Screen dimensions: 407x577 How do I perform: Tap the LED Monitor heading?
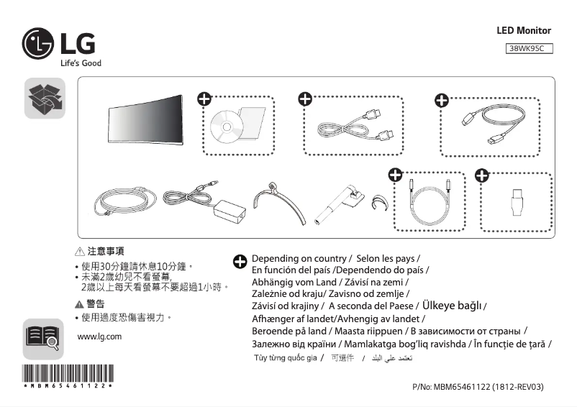(x=524, y=31)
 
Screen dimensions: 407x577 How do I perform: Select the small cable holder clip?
(x=379, y=202)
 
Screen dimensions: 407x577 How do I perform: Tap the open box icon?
(x=45, y=99)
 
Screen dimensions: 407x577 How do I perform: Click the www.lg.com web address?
(x=99, y=337)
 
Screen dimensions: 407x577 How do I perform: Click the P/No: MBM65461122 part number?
(x=478, y=387)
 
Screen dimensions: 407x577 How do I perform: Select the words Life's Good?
(x=80, y=63)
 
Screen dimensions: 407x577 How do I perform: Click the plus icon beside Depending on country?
(x=240, y=262)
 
